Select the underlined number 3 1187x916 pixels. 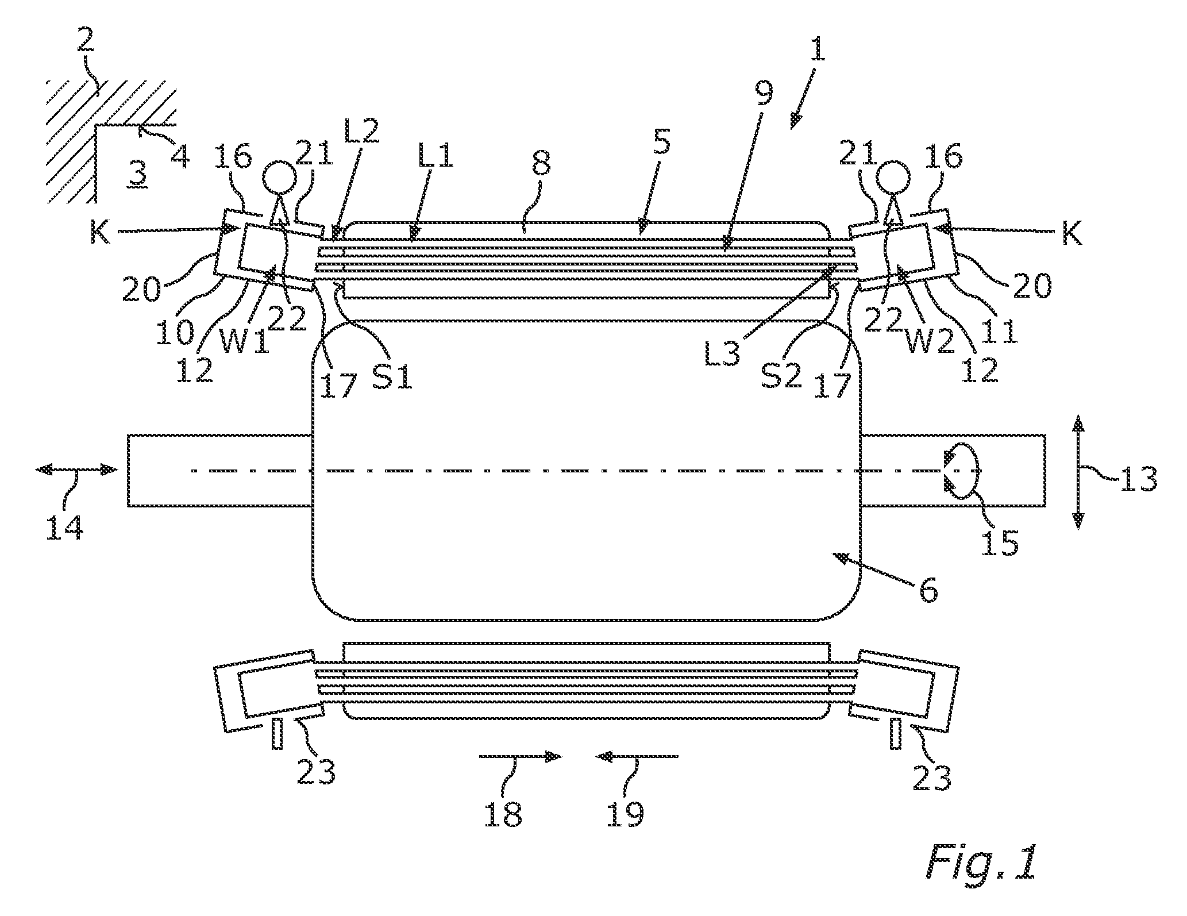pos(140,171)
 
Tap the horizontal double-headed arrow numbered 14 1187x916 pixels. pos(76,470)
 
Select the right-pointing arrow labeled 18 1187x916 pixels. pos(520,757)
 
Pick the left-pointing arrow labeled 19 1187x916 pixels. pos(637,757)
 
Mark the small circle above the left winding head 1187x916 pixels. pos(280,168)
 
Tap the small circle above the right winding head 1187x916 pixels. pos(893,168)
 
